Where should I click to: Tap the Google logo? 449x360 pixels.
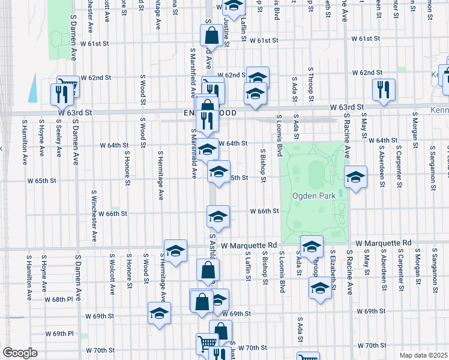(x=20, y=353)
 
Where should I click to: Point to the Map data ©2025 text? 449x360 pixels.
(x=424, y=355)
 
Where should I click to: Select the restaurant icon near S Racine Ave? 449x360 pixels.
(x=382, y=89)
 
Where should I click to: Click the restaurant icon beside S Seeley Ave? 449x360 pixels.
(x=61, y=94)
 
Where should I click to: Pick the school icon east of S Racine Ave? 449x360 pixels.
(x=355, y=177)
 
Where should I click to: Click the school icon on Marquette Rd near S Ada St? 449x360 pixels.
(x=312, y=247)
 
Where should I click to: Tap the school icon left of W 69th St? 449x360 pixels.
(x=160, y=313)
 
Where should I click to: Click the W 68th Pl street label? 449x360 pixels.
(x=62, y=299)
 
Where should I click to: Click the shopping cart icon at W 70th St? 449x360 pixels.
(x=206, y=344)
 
